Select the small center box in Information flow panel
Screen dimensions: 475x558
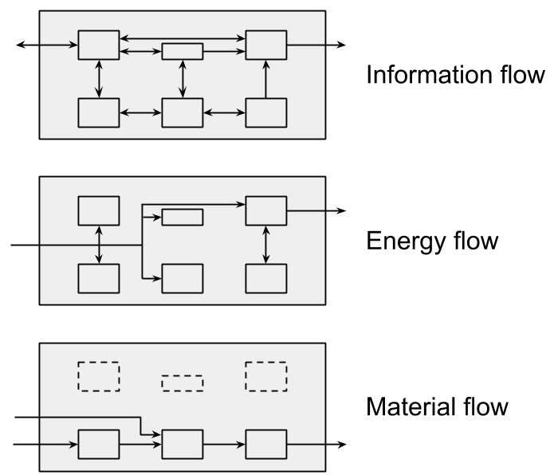coord(183,52)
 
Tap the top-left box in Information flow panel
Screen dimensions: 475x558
coord(99,45)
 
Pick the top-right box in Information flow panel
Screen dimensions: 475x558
coord(265,45)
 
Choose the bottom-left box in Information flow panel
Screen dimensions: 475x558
coord(99,112)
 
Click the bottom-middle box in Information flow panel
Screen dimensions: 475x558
coord(183,112)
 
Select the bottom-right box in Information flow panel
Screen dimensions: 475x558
coord(265,112)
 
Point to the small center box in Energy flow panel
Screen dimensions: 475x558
coord(183,217)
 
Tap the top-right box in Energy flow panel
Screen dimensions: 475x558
coord(265,210)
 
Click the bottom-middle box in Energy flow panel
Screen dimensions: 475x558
coord(183,278)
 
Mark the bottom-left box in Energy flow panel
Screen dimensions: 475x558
coord(99,278)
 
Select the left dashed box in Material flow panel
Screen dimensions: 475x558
coord(99,376)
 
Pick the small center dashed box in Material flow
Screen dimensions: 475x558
coord(183,383)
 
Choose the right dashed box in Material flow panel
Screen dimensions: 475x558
coord(265,376)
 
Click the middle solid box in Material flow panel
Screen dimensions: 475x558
coord(183,444)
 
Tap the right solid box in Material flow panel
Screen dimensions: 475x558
coord(265,444)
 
